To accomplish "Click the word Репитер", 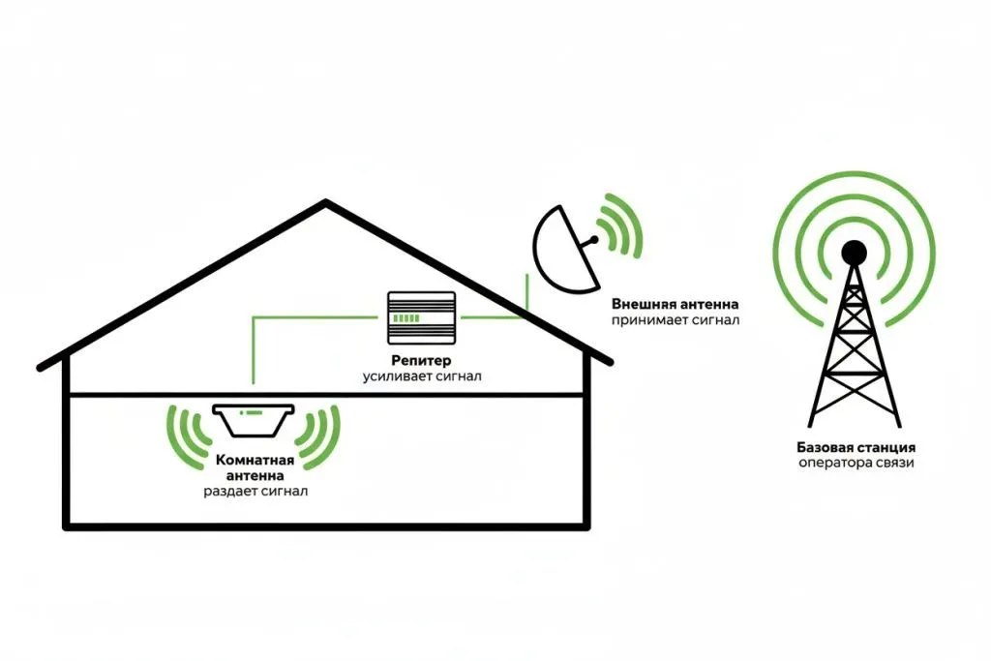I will tap(421, 360).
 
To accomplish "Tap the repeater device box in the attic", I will tap(421, 316).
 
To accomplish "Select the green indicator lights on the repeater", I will tap(407, 318).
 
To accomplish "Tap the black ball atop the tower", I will tap(854, 254).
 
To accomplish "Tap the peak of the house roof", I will tap(326, 202).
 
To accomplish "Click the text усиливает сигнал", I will tap(421, 376).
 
